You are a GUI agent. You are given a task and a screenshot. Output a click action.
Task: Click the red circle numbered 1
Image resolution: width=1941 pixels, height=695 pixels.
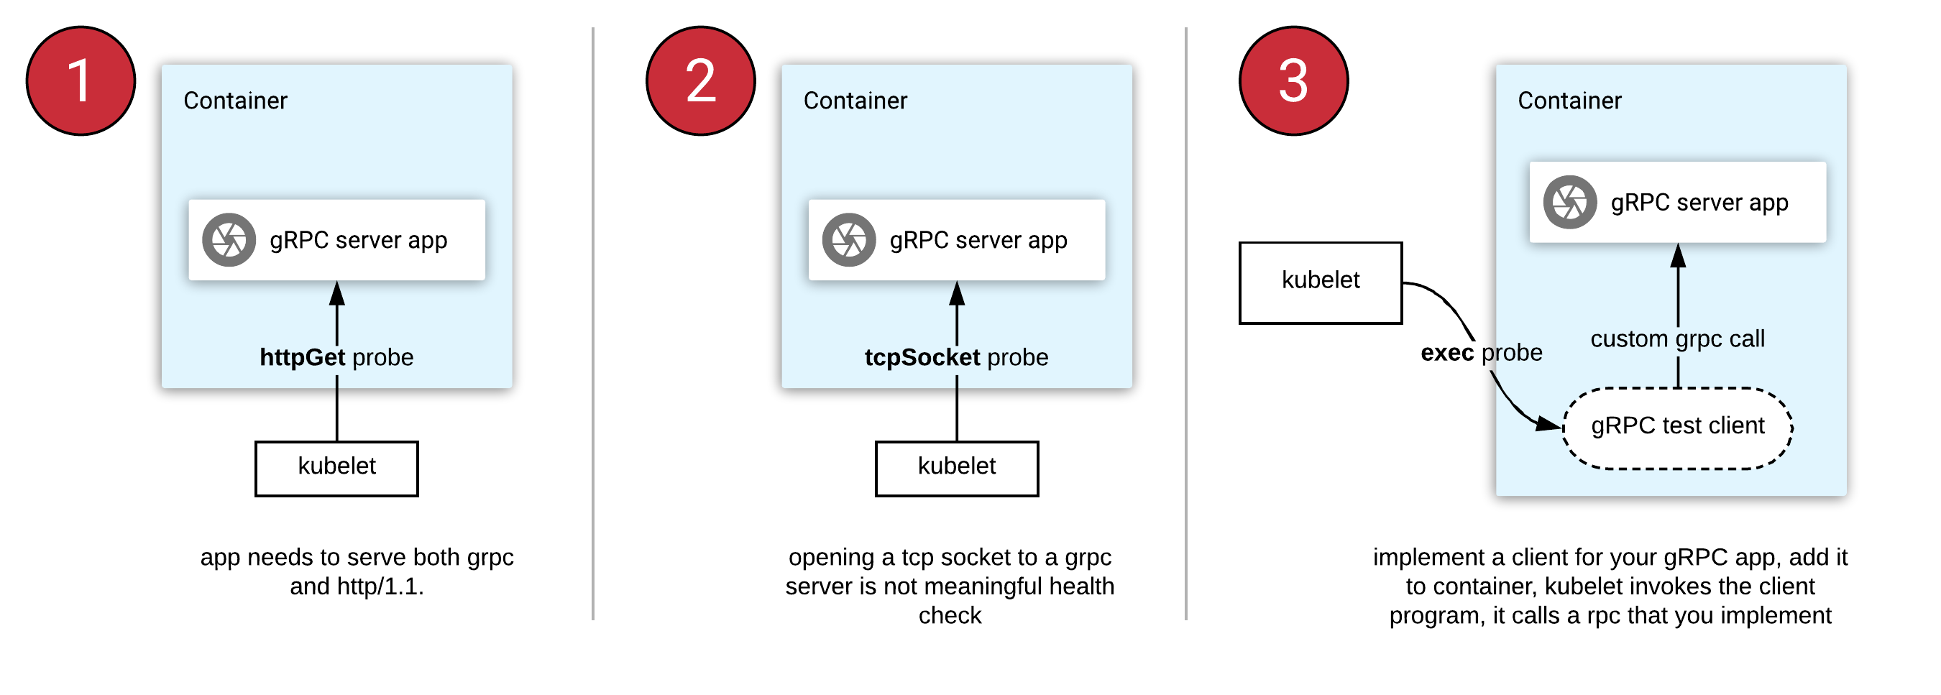pyautogui.click(x=81, y=80)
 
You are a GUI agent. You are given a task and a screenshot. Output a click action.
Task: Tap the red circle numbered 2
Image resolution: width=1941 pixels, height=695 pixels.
pyautogui.click(x=701, y=80)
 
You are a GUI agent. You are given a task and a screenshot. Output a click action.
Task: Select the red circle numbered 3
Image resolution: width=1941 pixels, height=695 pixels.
pyautogui.click(x=1293, y=80)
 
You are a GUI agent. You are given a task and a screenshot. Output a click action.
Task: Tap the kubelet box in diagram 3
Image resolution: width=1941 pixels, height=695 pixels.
pyautogui.click(x=1320, y=282)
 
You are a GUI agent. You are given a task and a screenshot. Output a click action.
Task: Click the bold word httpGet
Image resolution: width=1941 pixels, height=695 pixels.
pyautogui.click(x=302, y=357)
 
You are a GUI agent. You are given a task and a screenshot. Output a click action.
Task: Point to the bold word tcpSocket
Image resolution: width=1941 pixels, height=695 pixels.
pyautogui.click(x=922, y=357)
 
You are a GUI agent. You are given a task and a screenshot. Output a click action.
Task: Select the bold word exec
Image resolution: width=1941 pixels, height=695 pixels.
pyautogui.click(x=1446, y=352)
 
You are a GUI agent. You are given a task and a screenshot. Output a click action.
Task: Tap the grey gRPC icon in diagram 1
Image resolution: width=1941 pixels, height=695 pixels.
pyautogui.click(x=229, y=240)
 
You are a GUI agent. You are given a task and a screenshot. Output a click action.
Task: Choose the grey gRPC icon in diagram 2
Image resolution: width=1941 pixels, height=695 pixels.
pyautogui.click(x=848, y=240)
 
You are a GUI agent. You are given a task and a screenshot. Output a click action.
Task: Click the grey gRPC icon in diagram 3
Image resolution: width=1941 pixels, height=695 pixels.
pyautogui.click(x=1569, y=202)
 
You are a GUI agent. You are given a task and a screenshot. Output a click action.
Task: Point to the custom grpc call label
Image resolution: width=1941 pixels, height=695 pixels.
pyautogui.click(x=1677, y=339)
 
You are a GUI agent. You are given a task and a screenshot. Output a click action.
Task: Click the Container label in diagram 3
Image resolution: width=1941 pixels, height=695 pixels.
pyautogui.click(x=1569, y=101)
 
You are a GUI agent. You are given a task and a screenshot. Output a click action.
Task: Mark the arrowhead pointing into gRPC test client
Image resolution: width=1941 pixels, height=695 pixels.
pyautogui.click(x=1551, y=425)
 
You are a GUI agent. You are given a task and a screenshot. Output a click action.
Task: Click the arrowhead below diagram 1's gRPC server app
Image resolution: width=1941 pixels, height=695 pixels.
pyautogui.click(x=337, y=295)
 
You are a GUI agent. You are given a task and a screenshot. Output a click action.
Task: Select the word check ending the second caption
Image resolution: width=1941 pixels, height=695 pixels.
pyautogui.click(x=950, y=616)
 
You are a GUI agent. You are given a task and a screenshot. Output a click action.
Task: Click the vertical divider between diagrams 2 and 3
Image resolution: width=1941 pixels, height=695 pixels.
pyautogui.click(x=1185, y=323)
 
